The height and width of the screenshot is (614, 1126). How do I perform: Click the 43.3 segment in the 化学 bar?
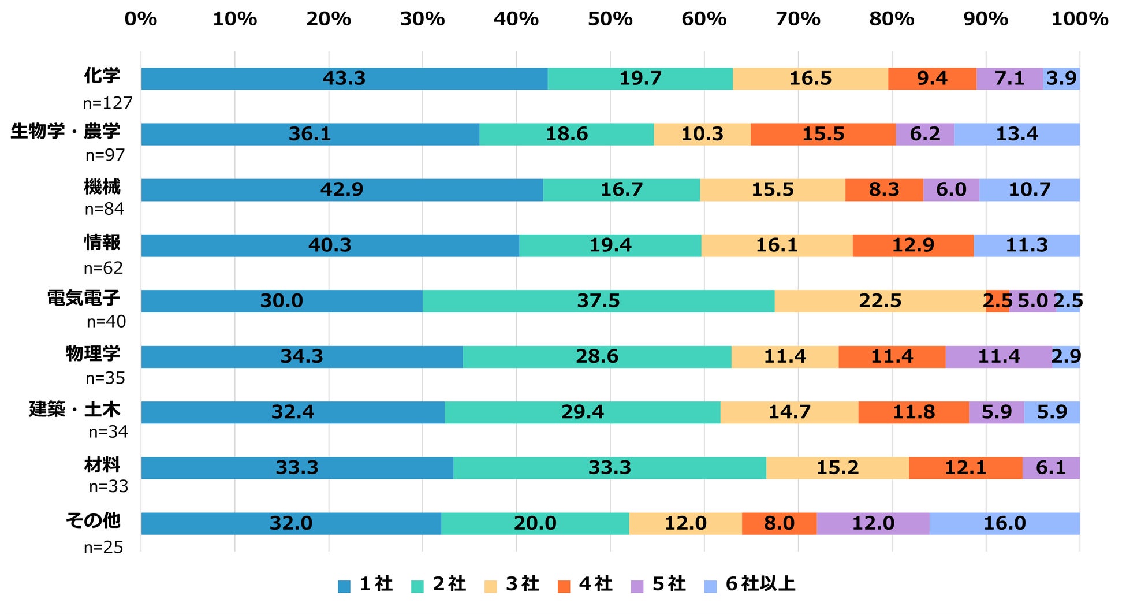pyautogui.click(x=344, y=79)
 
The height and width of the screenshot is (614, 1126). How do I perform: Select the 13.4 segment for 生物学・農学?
pyautogui.click(x=1016, y=134)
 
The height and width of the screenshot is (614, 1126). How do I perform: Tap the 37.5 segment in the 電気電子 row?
pyautogui.click(x=598, y=301)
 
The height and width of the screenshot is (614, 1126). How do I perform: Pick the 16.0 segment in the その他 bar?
pyautogui.click(x=1004, y=523)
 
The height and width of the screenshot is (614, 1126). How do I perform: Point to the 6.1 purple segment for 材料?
pyautogui.click(x=1051, y=468)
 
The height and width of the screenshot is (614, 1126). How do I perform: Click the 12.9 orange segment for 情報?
pyautogui.click(x=913, y=245)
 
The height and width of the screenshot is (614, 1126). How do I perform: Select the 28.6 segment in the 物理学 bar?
pyautogui.click(x=596, y=356)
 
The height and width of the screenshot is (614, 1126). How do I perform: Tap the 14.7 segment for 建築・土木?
pyautogui.click(x=789, y=412)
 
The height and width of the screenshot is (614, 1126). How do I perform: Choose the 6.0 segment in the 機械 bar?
pyautogui.click(x=951, y=190)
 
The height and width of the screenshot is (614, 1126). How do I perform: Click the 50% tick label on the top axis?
pyautogui.click(x=610, y=19)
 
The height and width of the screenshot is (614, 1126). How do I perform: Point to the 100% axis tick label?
pyautogui.click(x=1079, y=19)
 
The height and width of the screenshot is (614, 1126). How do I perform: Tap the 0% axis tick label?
pyautogui.click(x=141, y=19)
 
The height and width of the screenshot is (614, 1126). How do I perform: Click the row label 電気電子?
pyautogui.click(x=84, y=298)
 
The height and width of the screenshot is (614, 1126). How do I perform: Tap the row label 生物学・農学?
pyautogui.click(x=65, y=131)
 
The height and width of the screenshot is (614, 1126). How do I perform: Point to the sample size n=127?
pyautogui.click(x=107, y=103)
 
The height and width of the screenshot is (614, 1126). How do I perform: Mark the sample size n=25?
pyautogui.click(x=103, y=547)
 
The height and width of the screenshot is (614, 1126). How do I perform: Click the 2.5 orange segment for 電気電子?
pyautogui.click(x=997, y=301)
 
